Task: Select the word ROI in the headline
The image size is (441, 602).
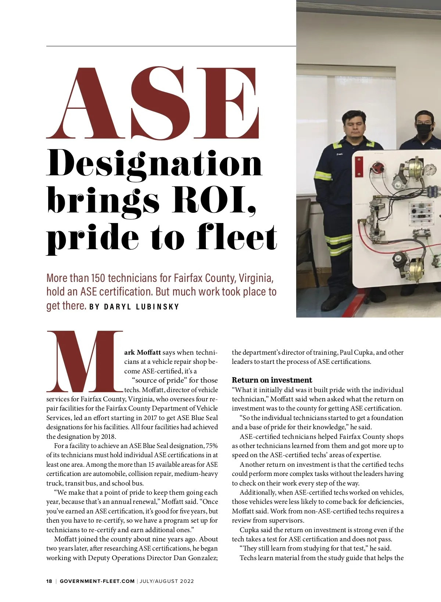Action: (x=214, y=200)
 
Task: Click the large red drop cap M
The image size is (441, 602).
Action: (x=85, y=362)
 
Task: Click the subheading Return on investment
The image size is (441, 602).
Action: (x=272, y=380)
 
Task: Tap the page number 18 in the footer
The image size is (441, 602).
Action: (x=49, y=581)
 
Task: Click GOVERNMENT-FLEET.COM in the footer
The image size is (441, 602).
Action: (x=97, y=581)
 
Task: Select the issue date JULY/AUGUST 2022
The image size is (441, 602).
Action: (x=166, y=581)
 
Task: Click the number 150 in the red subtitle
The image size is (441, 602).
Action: (x=98, y=278)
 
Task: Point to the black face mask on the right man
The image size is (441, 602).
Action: (x=424, y=129)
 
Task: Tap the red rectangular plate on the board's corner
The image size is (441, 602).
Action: (x=359, y=166)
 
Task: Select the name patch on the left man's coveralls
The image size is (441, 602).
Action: (x=340, y=154)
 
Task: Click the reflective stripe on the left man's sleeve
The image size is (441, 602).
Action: (x=322, y=176)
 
